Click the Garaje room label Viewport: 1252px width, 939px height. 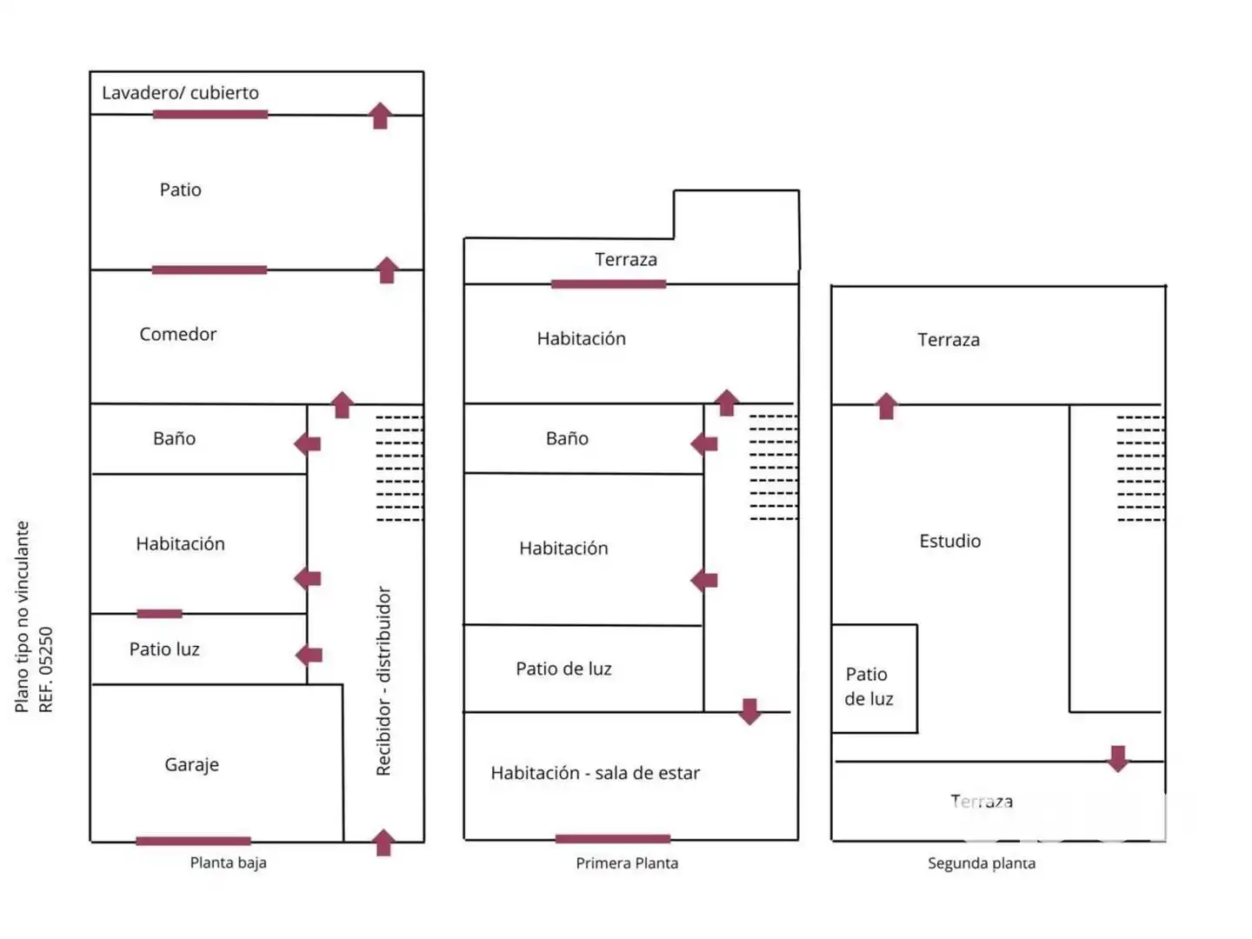click(x=191, y=764)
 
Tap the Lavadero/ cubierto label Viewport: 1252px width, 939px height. click(x=180, y=92)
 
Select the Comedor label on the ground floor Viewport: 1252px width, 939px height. click(x=178, y=334)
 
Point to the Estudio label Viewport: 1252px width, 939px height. click(x=949, y=541)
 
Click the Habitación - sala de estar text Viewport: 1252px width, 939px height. click(x=595, y=773)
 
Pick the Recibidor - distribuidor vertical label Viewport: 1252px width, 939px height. click(x=383, y=681)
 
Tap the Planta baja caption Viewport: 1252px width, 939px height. click(x=228, y=862)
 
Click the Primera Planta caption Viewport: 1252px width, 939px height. click(x=627, y=862)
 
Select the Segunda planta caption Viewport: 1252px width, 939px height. click(x=981, y=862)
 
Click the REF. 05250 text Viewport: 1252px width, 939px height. click(x=45, y=669)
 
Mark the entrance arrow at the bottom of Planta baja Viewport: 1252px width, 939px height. click(x=383, y=842)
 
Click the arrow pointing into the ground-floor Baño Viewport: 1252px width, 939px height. click(x=308, y=443)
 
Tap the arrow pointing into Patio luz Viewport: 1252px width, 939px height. click(x=309, y=655)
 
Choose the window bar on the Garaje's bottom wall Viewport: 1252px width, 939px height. click(x=193, y=841)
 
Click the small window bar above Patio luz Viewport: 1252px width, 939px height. click(x=160, y=614)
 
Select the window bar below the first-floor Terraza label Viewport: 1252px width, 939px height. click(x=609, y=284)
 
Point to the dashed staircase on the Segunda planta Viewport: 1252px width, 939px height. click(x=1140, y=468)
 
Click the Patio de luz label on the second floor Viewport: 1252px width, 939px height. click(x=868, y=687)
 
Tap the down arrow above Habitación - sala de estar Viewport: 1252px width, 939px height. click(x=749, y=711)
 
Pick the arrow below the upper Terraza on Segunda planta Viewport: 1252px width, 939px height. click(x=886, y=405)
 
